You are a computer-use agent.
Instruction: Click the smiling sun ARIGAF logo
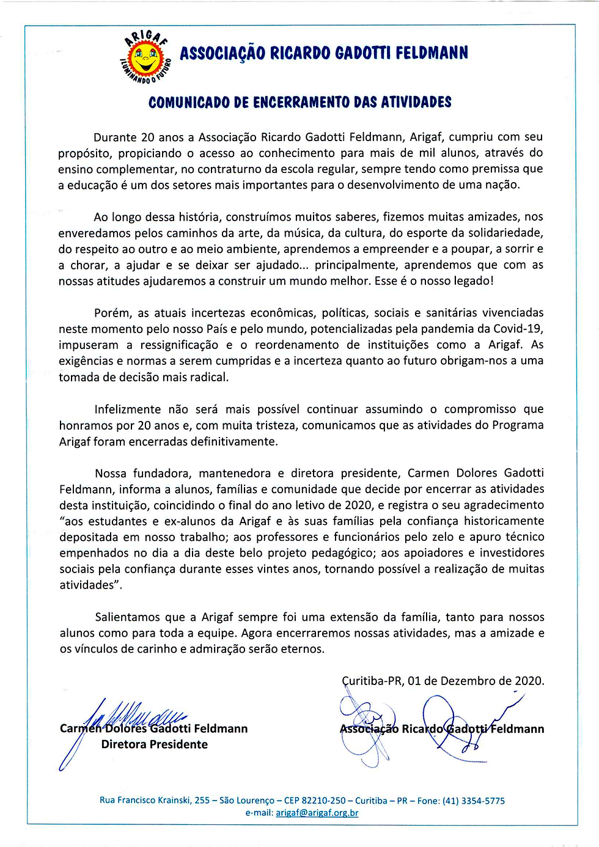(145, 57)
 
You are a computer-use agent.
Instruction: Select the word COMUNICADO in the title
(189, 102)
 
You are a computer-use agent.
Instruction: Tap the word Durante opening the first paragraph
(116, 137)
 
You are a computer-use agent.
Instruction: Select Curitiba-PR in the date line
(372, 681)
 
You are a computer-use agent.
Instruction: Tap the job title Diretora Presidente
(154, 744)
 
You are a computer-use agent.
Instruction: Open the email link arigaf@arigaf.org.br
(317, 813)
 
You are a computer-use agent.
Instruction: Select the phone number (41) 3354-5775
(473, 801)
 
